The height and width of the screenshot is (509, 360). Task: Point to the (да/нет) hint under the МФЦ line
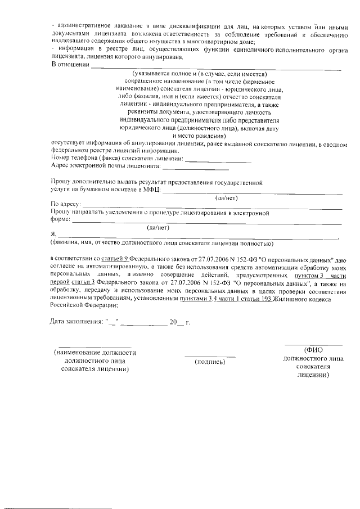tap(227, 198)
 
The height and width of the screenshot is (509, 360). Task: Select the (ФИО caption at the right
tap(313, 349)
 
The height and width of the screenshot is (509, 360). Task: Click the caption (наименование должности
tap(94, 353)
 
